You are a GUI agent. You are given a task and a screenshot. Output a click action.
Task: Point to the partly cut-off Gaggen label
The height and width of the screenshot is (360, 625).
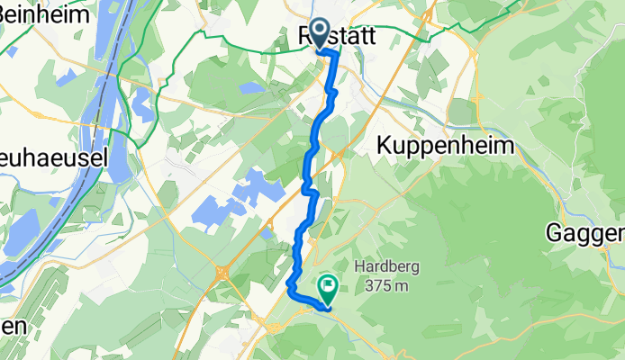586,233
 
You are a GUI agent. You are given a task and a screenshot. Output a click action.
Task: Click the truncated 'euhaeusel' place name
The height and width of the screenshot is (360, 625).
55,157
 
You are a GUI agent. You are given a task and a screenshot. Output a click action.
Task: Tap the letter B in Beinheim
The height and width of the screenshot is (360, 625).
7,14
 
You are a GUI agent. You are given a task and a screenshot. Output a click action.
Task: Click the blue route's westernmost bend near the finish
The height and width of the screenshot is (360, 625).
289,288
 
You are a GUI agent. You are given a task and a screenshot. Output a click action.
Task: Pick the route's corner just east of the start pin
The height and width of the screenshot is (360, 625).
338,53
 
